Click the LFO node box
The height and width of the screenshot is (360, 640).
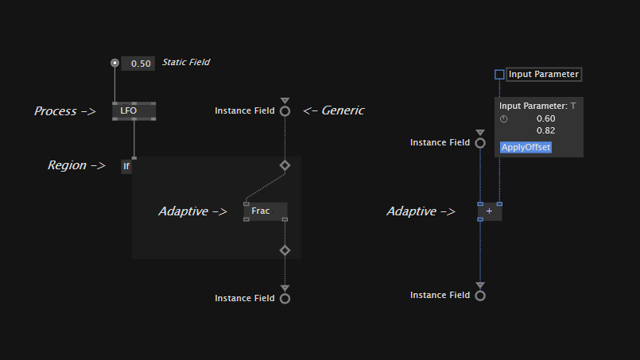point(134,110)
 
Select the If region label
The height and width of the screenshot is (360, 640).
point(126,166)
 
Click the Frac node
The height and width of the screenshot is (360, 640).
point(265,211)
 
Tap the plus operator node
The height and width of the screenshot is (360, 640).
point(490,211)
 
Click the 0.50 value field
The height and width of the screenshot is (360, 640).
point(139,64)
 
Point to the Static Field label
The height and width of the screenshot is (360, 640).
point(186,62)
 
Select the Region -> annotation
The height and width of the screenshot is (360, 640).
point(76,165)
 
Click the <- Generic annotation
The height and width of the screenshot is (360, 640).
point(333,110)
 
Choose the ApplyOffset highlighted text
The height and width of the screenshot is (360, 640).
point(526,147)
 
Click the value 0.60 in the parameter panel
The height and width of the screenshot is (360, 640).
point(545,118)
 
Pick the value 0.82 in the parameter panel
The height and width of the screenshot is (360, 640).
point(545,130)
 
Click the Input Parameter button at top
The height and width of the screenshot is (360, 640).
point(544,74)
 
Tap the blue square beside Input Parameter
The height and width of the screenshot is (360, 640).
point(499,75)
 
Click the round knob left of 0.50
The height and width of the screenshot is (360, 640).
point(114,63)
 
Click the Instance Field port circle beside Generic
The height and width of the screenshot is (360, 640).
point(285,111)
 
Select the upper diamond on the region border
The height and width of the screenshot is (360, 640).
point(285,165)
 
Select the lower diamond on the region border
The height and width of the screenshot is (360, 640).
point(285,250)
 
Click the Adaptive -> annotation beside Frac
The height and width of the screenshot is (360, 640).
point(192,211)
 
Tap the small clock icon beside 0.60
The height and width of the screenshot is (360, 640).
point(503,118)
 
